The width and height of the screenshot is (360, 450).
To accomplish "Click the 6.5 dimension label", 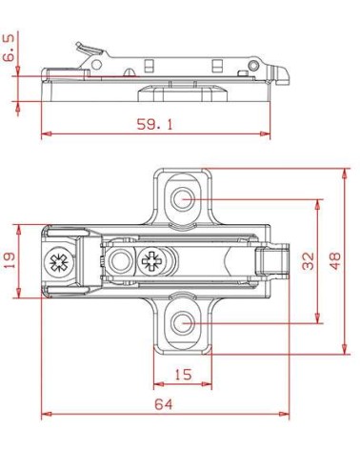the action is [x=9, y=48].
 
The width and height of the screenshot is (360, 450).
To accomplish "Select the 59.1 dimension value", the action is [x=155, y=124].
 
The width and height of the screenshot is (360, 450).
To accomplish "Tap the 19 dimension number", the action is [x=10, y=260].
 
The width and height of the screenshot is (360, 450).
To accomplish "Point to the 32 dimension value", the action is [x=308, y=261].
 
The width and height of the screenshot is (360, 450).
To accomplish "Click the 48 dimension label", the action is [x=334, y=261].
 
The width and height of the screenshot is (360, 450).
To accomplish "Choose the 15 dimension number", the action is [x=183, y=375].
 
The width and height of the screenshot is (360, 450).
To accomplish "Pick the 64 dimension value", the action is [x=164, y=404].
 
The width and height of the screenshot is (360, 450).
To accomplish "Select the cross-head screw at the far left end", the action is [x=59, y=262].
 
